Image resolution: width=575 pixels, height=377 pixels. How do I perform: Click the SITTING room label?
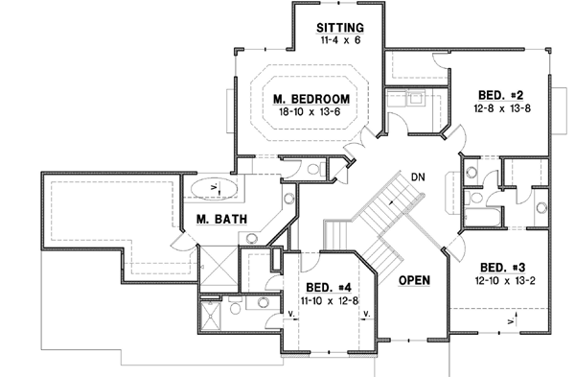point(339,27)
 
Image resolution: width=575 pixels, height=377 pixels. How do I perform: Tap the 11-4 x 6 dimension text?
point(339,40)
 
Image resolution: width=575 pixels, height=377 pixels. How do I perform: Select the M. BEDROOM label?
point(309,99)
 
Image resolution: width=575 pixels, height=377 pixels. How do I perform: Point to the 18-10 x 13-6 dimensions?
point(309,112)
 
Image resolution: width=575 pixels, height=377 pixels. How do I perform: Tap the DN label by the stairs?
point(418,177)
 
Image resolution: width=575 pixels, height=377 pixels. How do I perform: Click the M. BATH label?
point(222,219)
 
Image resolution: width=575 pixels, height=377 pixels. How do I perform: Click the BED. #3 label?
point(501,268)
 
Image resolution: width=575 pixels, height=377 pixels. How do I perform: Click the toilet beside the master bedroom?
point(312,170)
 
